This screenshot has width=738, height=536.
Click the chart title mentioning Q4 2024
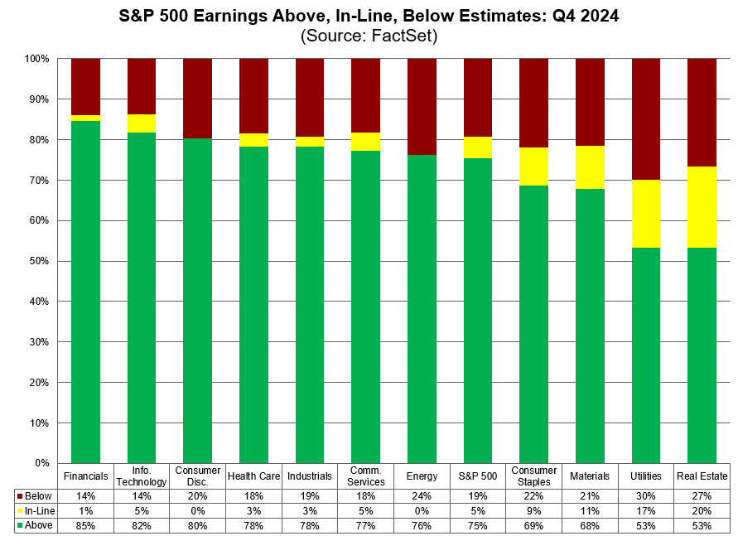pyautogui.click(x=369, y=17)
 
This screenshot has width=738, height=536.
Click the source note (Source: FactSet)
pyautogui.click(x=369, y=36)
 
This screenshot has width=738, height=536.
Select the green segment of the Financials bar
pyautogui.click(x=86, y=290)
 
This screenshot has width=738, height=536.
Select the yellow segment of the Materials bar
pyautogui.click(x=590, y=167)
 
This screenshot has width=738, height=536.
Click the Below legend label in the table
pyautogui.click(x=38, y=495)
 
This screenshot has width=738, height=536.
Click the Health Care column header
pyautogui.click(x=254, y=476)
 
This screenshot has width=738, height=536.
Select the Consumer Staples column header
pyautogui.click(x=534, y=476)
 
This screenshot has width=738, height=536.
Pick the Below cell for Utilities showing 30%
pyautogui.click(x=646, y=495)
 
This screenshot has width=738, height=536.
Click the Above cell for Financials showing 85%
pyautogui.click(x=86, y=525)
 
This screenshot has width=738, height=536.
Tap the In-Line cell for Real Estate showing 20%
pyautogui.click(x=702, y=510)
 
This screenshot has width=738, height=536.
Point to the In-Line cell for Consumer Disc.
pyautogui.click(x=198, y=510)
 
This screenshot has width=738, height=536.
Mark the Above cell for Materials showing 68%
pyautogui.click(x=590, y=525)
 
